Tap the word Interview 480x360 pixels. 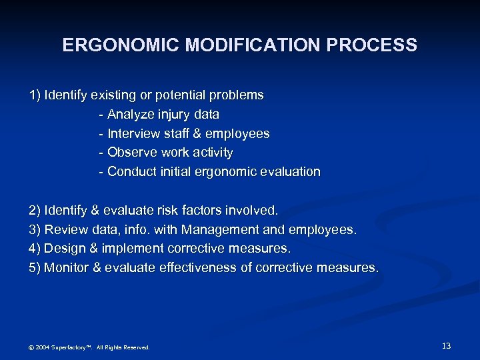[134, 134]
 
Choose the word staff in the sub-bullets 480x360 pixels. [178, 134]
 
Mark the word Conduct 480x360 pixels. [132, 172]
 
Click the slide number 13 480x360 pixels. [447, 346]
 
